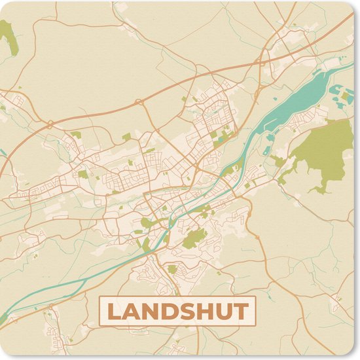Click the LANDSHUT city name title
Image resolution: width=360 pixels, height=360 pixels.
click(x=177, y=310)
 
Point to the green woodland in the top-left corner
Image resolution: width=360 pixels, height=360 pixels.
click(x=8, y=36)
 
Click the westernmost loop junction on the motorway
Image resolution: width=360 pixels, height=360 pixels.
click(x=50, y=123)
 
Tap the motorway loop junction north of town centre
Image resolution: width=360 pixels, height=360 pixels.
click(x=138, y=102)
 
